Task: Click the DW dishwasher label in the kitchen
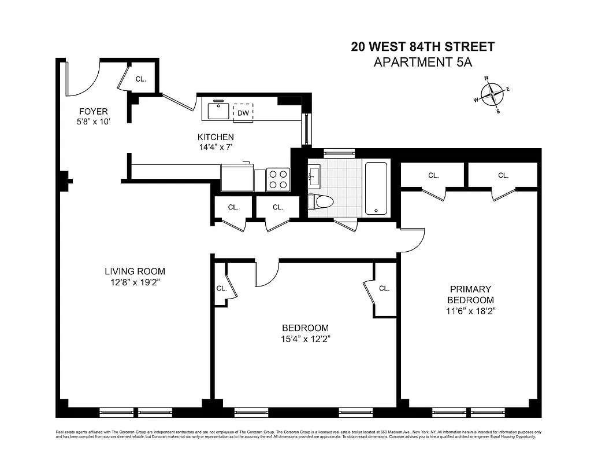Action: click(243, 113)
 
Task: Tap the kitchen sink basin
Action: click(218, 111)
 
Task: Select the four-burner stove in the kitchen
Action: click(278, 178)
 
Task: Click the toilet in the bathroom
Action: click(321, 202)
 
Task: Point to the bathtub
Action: click(376, 188)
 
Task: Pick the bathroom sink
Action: click(315, 176)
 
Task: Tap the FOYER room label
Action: click(93, 112)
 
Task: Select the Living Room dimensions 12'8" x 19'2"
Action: click(135, 282)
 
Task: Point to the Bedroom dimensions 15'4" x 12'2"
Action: click(306, 339)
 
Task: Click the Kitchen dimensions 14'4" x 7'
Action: click(216, 148)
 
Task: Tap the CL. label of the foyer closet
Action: click(140, 79)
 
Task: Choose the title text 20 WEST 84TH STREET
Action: click(422, 47)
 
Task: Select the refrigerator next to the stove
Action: click(237, 178)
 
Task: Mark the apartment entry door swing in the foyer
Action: click(83, 78)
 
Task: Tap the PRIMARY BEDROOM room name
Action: click(470, 294)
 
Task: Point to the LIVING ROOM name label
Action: click(135, 271)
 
